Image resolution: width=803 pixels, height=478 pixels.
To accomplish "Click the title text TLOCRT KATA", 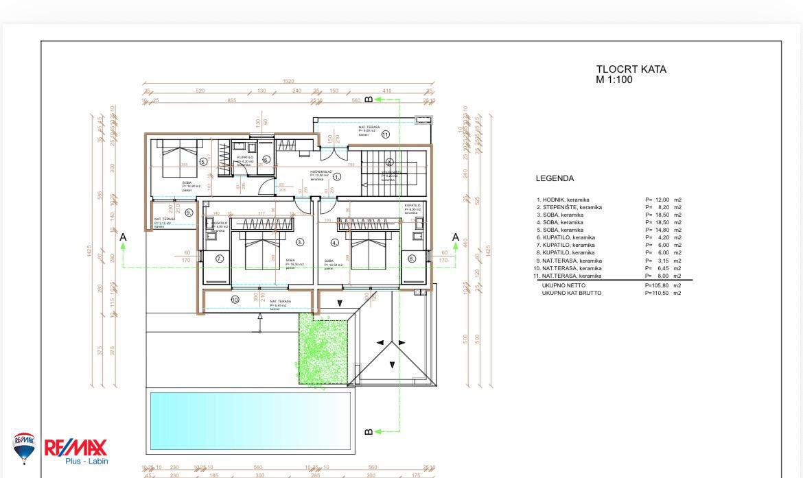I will pos(631,69).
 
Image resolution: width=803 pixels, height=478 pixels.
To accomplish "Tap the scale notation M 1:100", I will pos(614,80).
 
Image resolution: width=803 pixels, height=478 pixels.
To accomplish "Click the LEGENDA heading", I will pos(555,178).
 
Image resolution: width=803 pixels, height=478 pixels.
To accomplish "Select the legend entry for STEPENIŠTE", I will pos(569,207).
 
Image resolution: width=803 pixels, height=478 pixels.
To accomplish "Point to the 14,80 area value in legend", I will pos(663,230).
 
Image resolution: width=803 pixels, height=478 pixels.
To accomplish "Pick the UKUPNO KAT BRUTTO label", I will pos(571,293).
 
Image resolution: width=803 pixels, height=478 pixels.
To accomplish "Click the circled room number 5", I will pos(203,162).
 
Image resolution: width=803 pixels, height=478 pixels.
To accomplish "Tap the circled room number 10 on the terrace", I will pos(235,299).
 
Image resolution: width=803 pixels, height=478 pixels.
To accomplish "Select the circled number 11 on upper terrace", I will pos(385,134).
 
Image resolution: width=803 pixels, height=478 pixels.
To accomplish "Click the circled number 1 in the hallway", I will pos(337,177).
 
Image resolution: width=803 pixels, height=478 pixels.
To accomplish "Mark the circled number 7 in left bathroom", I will pos(220,259).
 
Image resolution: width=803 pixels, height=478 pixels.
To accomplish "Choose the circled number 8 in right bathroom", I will pos(412,259).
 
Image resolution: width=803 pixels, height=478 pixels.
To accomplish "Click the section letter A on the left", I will pos(124,237).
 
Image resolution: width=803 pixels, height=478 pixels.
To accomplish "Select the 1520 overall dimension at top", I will pos(288,82).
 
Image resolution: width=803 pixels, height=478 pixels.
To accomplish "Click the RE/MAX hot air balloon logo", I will pos(24,448).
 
